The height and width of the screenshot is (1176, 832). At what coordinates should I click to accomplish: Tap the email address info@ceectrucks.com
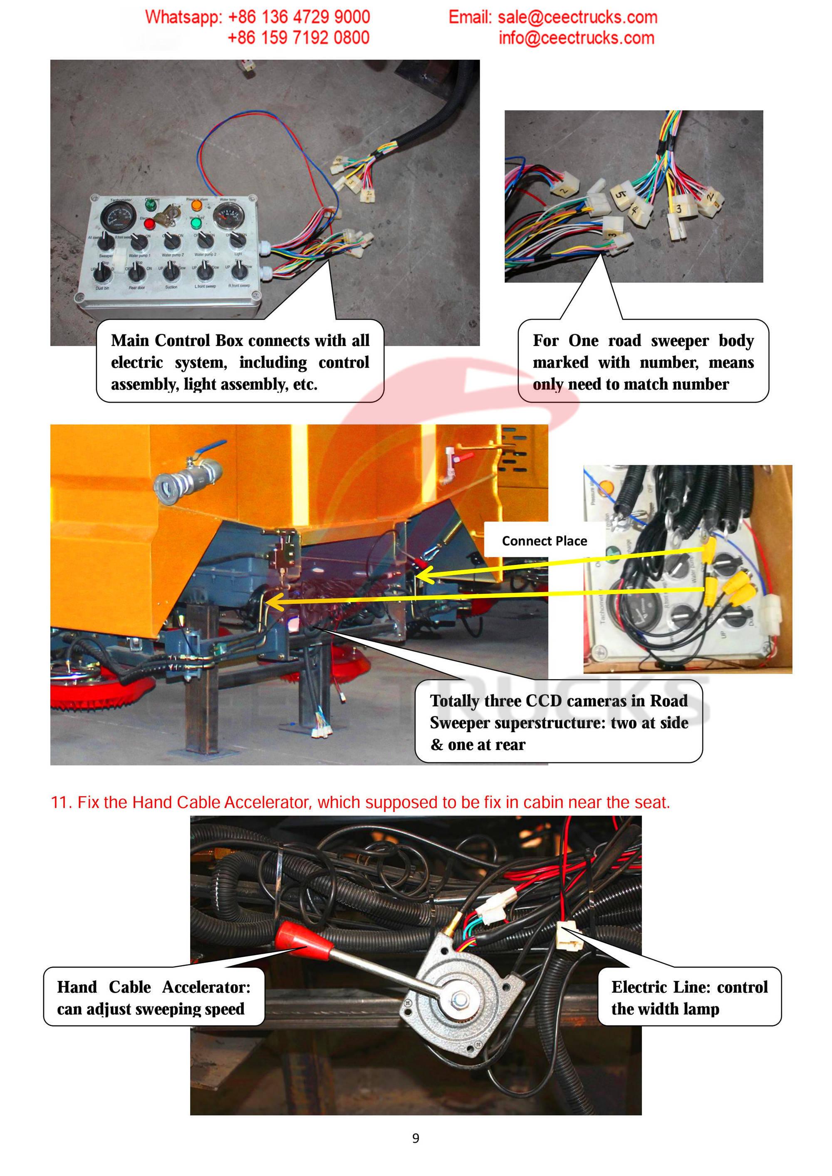576,38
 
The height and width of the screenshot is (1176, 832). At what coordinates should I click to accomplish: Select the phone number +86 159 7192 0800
298,38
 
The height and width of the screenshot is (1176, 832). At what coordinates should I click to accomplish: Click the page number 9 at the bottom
416,1138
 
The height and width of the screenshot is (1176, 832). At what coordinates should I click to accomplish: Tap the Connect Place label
544,541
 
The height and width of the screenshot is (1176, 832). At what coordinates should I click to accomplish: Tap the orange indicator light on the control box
196,205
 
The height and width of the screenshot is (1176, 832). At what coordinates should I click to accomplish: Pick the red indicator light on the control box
149,224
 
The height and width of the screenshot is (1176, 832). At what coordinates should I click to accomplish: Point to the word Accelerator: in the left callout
206,987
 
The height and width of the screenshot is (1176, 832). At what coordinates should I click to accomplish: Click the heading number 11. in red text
62,802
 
